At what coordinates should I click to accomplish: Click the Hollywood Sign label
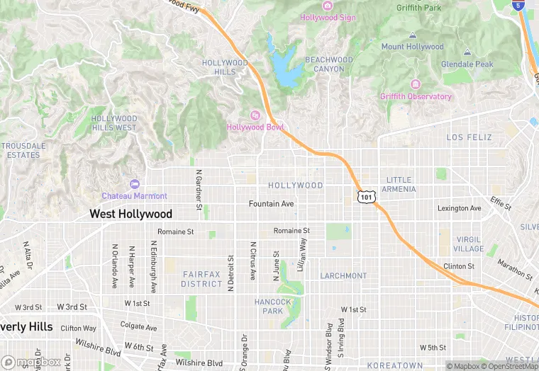pyautogui.click(x=328, y=17)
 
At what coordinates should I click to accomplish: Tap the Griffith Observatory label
pyautogui.click(x=416, y=96)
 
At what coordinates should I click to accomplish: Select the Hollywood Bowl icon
pyautogui.click(x=255, y=115)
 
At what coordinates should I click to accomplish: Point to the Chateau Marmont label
pyautogui.click(x=134, y=195)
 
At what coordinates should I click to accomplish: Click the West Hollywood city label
pyautogui.click(x=130, y=214)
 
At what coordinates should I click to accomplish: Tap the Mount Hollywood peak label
pyautogui.click(x=412, y=47)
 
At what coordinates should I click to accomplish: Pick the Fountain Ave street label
pyautogui.click(x=271, y=204)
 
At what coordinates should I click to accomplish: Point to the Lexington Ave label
pyautogui.click(x=459, y=208)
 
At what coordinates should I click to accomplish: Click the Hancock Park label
pyautogui.click(x=273, y=306)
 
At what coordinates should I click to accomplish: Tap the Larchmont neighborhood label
pyautogui.click(x=343, y=275)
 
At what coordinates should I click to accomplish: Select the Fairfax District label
pyautogui.click(x=201, y=279)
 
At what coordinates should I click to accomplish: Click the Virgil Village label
pyautogui.click(x=469, y=244)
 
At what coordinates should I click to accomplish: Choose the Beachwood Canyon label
pyautogui.click(x=328, y=64)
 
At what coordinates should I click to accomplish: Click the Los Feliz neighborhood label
pyautogui.click(x=469, y=137)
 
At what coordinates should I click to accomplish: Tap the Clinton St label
pyautogui.click(x=458, y=266)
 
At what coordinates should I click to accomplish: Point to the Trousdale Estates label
pyautogui.click(x=23, y=150)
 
